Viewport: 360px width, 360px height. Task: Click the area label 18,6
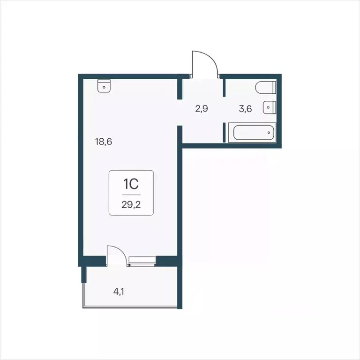[x=104, y=141]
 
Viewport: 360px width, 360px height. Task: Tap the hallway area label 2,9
[x=202, y=109]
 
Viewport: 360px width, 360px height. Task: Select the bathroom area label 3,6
[x=246, y=109]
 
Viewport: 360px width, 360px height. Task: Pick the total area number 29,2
[x=131, y=204]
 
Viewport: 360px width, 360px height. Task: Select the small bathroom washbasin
[x=269, y=107]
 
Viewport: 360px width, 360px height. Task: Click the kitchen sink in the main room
[x=104, y=86]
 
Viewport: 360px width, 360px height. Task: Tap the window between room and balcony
[x=142, y=261]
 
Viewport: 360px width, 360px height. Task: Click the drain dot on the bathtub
[x=269, y=132]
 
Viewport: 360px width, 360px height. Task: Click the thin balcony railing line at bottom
[x=130, y=307]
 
